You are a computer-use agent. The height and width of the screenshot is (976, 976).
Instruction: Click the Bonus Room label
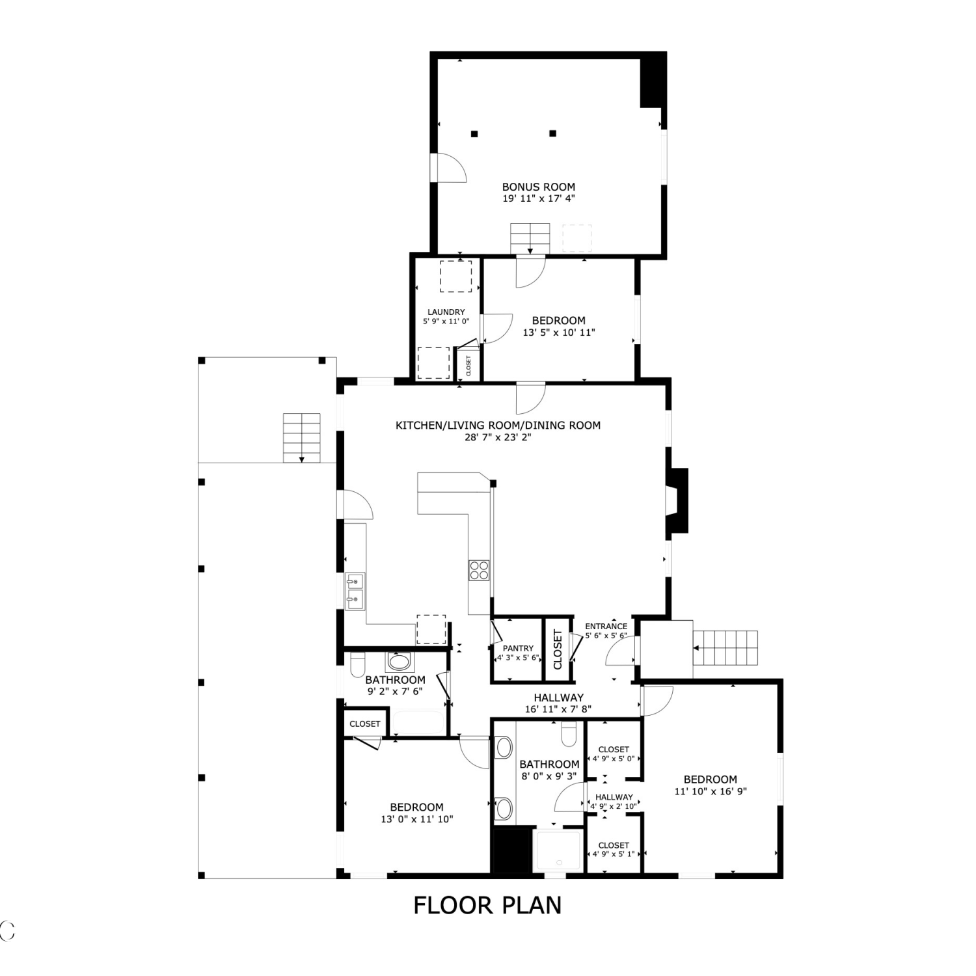(538, 187)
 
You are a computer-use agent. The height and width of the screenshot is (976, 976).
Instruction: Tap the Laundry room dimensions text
(446, 321)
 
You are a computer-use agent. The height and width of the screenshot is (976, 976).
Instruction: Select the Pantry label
(518, 648)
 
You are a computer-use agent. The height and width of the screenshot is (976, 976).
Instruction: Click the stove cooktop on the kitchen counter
(479, 570)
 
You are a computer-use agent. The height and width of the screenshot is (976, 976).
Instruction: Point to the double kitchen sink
(355, 591)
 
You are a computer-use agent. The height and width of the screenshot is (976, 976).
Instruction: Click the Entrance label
(606, 626)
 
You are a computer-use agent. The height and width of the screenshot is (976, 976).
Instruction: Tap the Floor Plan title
(487, 905)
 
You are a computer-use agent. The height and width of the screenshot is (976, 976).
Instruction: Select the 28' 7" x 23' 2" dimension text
(498, 437)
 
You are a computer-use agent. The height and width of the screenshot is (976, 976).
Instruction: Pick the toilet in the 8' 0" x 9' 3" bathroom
(569, 733)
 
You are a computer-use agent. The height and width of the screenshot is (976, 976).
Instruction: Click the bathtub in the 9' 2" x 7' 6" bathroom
(419, 723)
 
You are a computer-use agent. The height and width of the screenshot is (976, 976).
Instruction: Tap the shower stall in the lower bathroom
(557, 850)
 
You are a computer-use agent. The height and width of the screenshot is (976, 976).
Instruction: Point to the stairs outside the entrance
(725, 647)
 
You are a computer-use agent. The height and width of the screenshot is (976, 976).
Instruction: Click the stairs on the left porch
(302, 437)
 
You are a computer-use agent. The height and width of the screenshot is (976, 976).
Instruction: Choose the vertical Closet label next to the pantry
(558, 649)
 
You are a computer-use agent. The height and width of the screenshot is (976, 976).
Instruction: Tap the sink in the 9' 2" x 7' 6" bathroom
(399, 663)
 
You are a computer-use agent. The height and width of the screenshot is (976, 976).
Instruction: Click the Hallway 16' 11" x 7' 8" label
(558, 703)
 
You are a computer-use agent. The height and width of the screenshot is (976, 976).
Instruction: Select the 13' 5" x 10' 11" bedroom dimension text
(559, 332)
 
